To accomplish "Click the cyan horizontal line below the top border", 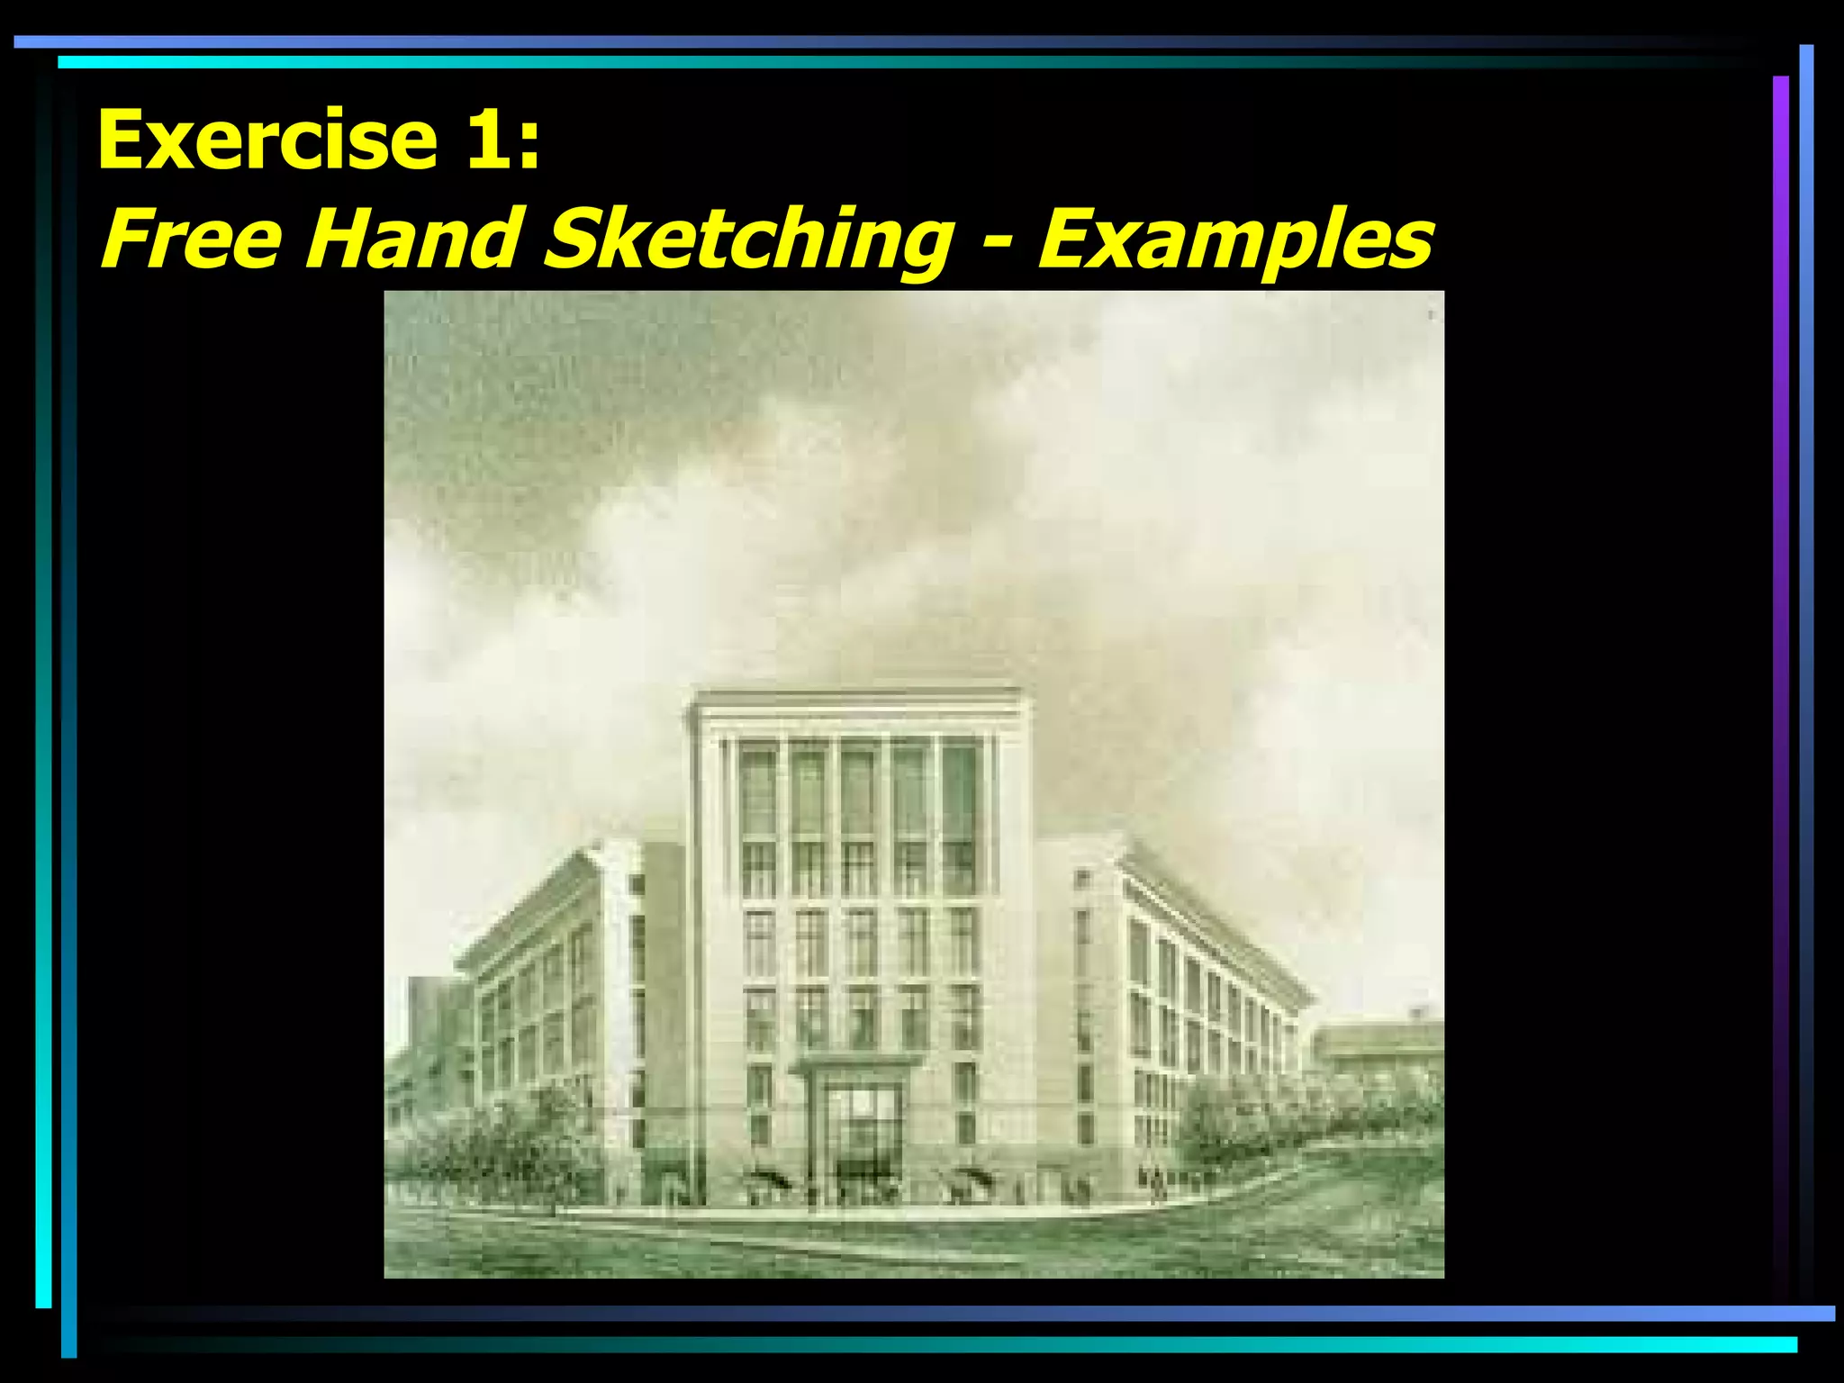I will click(x=810, y=62).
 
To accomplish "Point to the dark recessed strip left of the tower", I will click(x=664, y=990).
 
